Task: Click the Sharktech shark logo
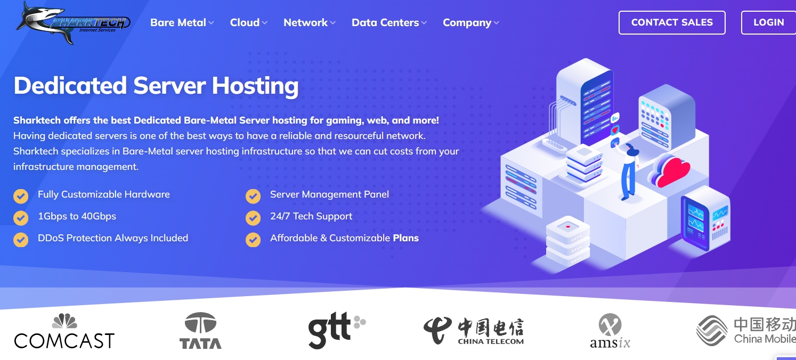[x=72, y=22]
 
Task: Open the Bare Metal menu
[x=182, y=22]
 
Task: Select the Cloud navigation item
[x=248, y=22]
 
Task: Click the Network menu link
[x=309, y=22]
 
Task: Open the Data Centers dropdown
[x=389, y=22]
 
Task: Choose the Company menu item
[x=470, y=22]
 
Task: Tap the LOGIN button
[x=768, y=22]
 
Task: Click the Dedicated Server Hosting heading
[x=156, y=86]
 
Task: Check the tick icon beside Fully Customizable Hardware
[x=21, y=196]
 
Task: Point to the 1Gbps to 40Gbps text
[x=77, y=216]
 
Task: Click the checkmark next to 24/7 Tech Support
[x=253, y=218]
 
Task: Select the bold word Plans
[x=405, y=238]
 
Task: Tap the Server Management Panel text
[x=329, y=194]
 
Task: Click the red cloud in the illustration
[x=672, y=170]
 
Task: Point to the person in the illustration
[x=629, y=170]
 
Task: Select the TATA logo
[x=200, y=331]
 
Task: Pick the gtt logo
[x=336, y=330]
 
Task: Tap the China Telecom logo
[x=474, y=331]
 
